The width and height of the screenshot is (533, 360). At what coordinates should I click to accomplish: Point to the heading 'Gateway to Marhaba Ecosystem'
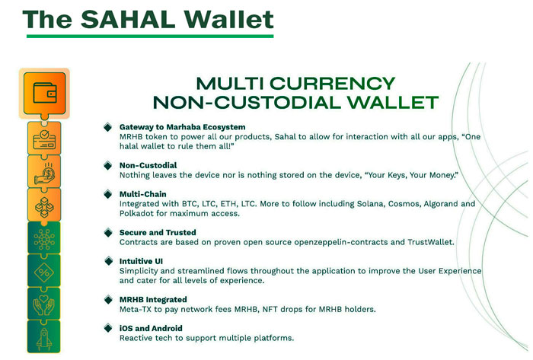click(182, 126)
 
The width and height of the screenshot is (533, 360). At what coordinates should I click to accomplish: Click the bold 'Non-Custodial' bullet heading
click(148, 165)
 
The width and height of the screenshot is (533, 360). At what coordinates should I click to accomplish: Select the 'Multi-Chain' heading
click(143, 194)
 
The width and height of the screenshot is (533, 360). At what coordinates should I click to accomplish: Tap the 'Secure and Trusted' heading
click(158, 232)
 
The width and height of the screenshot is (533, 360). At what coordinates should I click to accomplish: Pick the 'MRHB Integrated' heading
click(152, 300)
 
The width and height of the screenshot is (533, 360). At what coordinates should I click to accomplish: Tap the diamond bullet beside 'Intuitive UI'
click(108, 261)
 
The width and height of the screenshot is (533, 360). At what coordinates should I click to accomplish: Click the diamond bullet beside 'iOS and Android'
click(108, 328)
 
